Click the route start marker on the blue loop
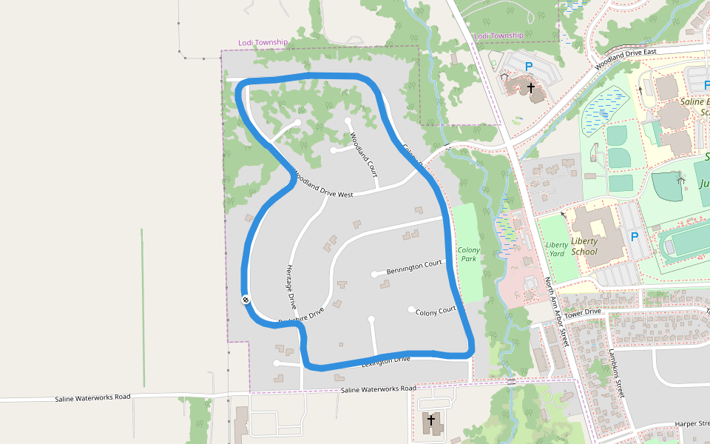coord(245,299)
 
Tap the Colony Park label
coord(469,255)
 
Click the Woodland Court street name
coord(363,155)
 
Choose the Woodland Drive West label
coord(323,185)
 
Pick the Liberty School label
coord(584,246)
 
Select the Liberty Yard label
coord(556,249)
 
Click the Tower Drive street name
coord(583,312)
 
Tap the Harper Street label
coord(692,424)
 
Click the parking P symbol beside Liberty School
coord(634,237)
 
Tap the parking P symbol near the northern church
coord(529,67)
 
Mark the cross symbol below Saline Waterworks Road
coord(431,420)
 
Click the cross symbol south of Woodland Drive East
coord(531,87)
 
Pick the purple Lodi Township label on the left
coord(263,42)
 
